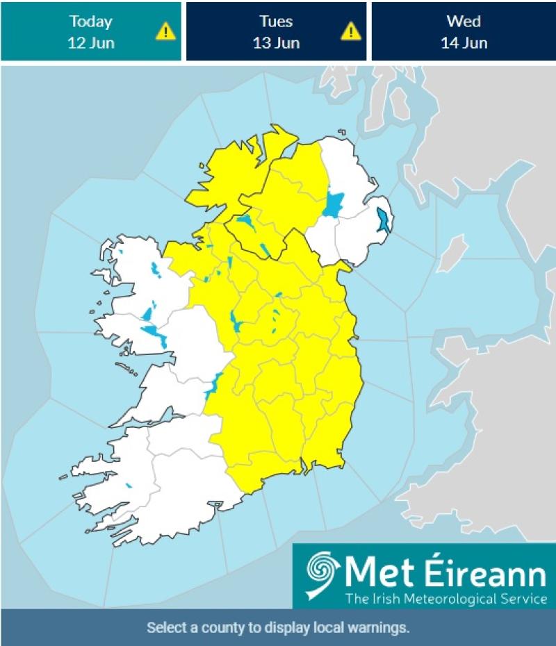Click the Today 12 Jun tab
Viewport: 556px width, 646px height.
click(90, 31)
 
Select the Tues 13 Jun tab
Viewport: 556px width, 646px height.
click(276, 31)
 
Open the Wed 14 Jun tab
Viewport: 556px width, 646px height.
click(463, 31)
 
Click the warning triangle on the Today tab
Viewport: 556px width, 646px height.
click(165, 31)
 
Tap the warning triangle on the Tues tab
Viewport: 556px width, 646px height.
click(351, 31)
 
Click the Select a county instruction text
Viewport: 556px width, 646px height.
click(278, 628)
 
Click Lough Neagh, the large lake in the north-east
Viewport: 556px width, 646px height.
click(334, 204)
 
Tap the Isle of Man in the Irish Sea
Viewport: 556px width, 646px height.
click(453, 253)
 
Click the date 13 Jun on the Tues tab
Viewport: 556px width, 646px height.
click(276, 42)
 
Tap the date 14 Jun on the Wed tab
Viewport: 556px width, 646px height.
click(464, 42)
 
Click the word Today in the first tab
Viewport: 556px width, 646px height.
click(90, 21)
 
